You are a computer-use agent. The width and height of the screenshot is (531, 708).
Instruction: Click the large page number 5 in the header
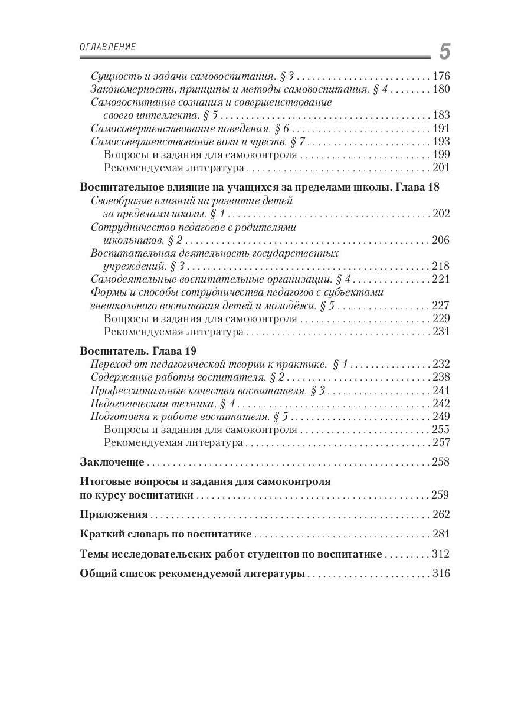tap(444, 52)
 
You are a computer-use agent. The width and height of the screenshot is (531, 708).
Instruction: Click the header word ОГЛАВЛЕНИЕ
tap(107, 47)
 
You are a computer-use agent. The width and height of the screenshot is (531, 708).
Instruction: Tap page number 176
tap(441, 76)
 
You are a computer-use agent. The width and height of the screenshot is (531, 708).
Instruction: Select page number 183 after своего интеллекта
tap(441, 115)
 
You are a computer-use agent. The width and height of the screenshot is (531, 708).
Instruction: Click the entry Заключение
tap(112, 461)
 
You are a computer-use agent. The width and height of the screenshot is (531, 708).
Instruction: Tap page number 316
tap(441, 573)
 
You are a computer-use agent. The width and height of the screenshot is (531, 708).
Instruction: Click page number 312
tap(441, 554)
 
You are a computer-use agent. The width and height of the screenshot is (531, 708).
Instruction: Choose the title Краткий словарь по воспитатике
tap(166, 534)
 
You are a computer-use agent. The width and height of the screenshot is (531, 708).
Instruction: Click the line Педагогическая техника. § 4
tap(163, 404)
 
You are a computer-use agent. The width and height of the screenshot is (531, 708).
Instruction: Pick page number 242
tap(441, 404)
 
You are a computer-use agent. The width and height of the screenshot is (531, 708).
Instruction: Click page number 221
tap(441, 279)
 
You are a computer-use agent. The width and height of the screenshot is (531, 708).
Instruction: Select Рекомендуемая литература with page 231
tap(173, 332)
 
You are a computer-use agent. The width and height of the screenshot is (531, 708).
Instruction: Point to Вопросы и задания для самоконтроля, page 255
tap(200, 430)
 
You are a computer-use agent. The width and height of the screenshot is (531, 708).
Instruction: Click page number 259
tap(441, 495)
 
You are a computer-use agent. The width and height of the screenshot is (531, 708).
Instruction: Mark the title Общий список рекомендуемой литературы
tap(192, 573)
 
